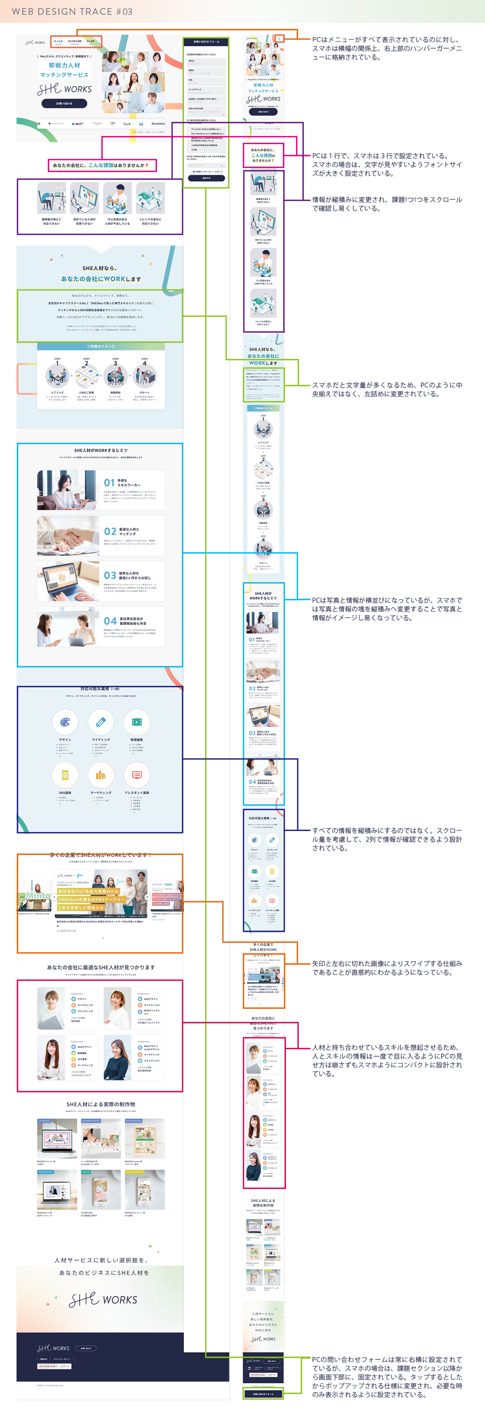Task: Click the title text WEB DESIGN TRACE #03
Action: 72,12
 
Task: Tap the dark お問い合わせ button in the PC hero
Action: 64,104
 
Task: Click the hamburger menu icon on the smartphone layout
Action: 280,38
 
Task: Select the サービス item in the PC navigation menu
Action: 58,42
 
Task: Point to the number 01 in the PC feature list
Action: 109,483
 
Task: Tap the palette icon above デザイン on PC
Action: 65,722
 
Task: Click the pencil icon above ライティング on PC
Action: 101,722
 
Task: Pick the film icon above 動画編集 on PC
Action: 137,722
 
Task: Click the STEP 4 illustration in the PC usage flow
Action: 144,376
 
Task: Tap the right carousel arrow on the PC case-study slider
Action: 147,897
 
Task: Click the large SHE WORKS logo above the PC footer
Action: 103,1299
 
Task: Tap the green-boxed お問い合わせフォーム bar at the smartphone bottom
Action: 263,1393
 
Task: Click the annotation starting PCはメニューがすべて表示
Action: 386,48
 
